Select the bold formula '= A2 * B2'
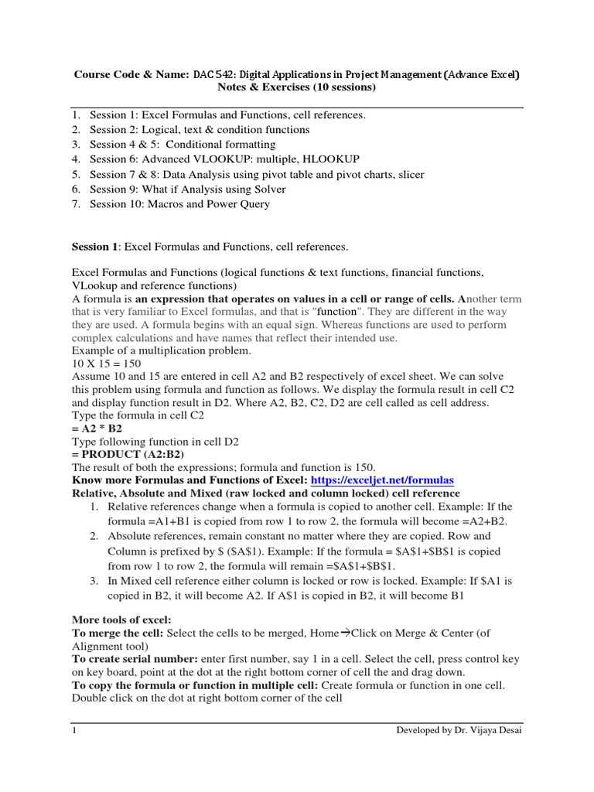tap(97, 427)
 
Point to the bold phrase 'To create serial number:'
tap(135, 659)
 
